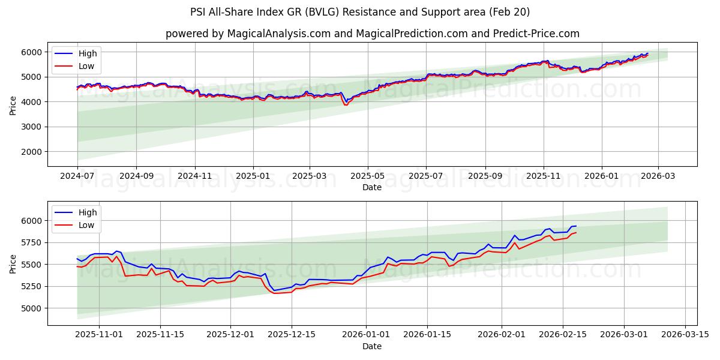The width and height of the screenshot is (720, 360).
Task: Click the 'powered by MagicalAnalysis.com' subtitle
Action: (372, 34)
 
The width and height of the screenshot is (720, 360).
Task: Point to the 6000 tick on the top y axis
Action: (34, 52)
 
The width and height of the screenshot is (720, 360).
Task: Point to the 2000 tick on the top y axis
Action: (34, 152)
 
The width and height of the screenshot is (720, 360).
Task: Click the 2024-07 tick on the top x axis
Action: (77, 176)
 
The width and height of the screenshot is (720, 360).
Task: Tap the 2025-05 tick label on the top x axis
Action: (368, 176)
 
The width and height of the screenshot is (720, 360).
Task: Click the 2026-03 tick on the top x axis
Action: (658, 176)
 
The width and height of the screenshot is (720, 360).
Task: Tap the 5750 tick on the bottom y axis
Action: (34, 242)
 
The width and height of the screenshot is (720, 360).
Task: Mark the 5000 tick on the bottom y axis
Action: (34, 308)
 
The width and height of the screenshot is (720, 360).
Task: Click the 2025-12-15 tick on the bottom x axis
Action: (292, 335)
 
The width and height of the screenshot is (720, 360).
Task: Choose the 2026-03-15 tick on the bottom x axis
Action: (685, 335)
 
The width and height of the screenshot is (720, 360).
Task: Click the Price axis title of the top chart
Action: (13, 104)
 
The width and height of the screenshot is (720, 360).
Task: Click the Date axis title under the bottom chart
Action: (372, 346)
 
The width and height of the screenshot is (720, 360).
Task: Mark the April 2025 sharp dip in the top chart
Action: (346, 104)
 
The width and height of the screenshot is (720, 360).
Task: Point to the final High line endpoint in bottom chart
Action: (576, 226)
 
